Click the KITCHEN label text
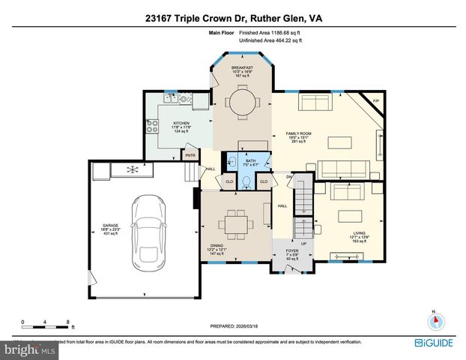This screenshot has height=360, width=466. pyautogui.click(x=181, y=124)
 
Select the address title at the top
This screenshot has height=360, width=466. pyautogui.click(x=233, y=18)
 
